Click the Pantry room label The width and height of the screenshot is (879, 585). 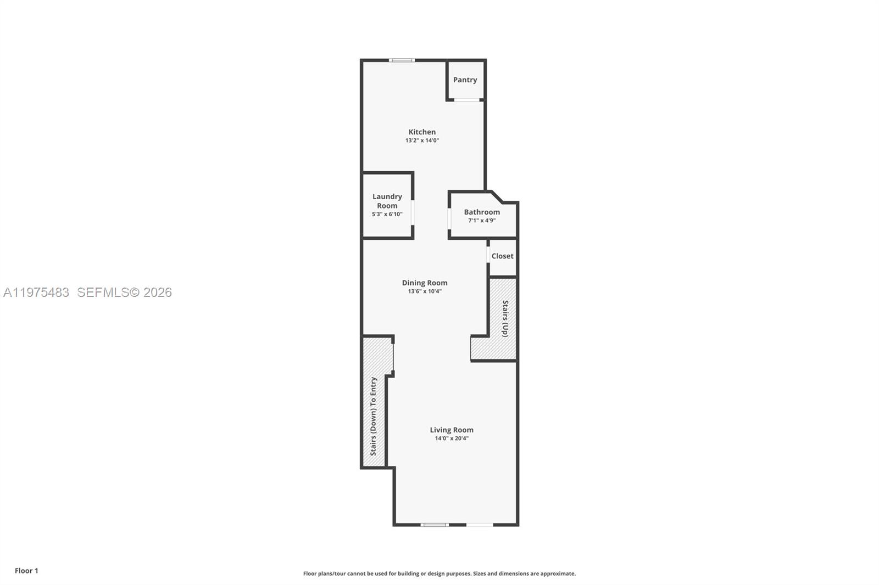465,80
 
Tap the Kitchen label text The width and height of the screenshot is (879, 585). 422,132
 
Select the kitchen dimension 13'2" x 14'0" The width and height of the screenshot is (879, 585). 422,140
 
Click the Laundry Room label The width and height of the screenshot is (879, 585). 387,201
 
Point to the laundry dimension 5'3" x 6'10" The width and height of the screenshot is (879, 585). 387,215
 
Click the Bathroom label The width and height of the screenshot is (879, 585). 482,212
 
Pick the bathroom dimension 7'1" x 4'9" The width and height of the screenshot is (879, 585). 482,221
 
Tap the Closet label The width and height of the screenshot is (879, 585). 502,256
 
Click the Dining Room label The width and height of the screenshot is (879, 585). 425,283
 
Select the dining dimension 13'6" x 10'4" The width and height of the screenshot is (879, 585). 425,291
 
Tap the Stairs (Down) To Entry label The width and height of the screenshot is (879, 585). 374,416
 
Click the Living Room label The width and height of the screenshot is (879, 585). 452,430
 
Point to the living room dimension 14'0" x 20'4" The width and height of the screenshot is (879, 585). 452,438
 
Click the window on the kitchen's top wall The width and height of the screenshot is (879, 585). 402,60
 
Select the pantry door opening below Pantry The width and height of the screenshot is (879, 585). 466,100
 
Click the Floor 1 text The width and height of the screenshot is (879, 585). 26,571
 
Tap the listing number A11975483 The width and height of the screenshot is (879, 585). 36,292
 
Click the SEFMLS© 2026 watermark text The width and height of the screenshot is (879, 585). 124,292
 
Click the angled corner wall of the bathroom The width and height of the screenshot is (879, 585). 497,197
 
